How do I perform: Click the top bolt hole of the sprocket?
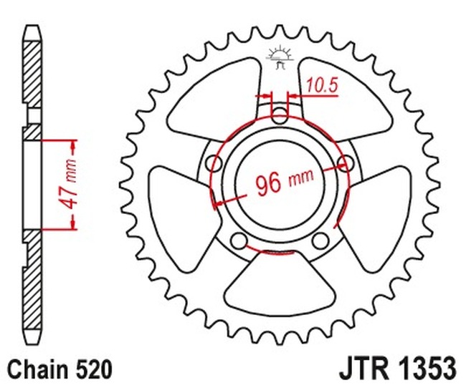click(x=280, y=112)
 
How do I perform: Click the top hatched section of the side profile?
click(x=33, y=72)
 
